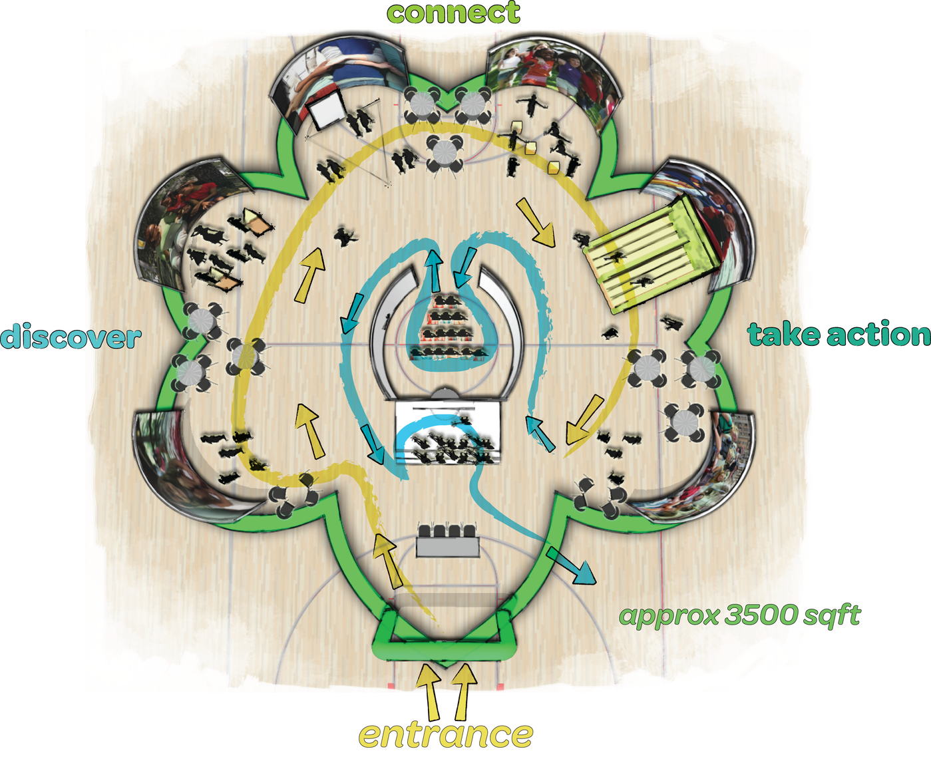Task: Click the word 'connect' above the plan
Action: tap(453, 13)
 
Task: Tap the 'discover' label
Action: tap(71, 337)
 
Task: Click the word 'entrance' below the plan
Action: tap(446, 734)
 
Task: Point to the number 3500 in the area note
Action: tap(763, 615)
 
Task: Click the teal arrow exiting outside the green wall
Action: tap(572, 565)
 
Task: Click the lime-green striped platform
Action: tap(654, 254)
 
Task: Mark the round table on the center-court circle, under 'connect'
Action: tap(445, 152)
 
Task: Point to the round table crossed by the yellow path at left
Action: tap(246, 357)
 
